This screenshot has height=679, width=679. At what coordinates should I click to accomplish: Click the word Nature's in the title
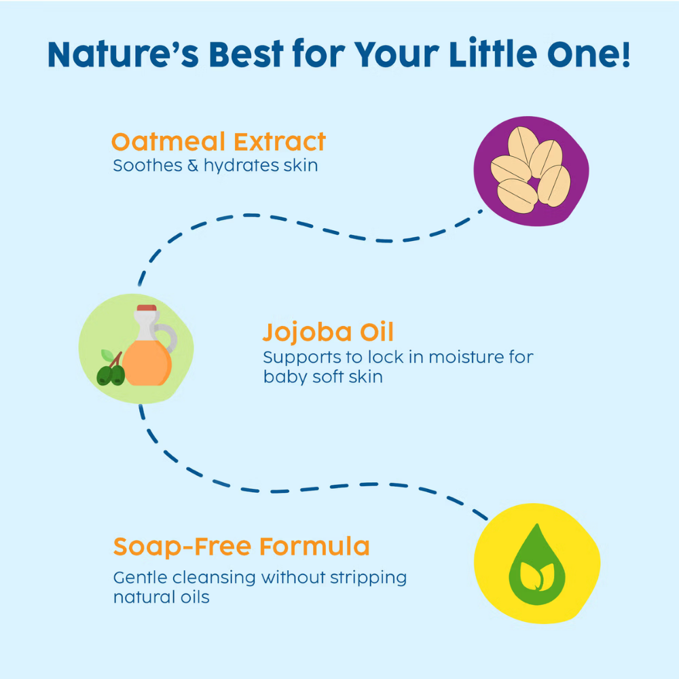coord(123,54)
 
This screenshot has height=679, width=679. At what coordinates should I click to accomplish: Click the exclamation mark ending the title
coord(625,53)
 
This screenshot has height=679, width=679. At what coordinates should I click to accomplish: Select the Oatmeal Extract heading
coord(218,142)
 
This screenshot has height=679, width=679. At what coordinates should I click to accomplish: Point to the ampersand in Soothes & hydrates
coord(193,166)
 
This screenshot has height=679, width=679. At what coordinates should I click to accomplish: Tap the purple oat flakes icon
coord(531,171)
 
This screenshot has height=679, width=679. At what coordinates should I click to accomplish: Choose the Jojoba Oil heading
coord(328,332)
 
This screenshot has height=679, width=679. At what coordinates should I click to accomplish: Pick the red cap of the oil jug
coord(147,308)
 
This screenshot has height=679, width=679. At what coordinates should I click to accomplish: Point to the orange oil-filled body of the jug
coord(147,363)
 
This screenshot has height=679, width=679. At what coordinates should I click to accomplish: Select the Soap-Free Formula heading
coord(241,547)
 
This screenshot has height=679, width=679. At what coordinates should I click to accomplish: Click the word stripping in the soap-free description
coord(368,578)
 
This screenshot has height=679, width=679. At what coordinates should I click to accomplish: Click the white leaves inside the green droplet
coord(537,576)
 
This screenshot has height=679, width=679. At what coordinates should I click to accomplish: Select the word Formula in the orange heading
coord(315,546)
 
